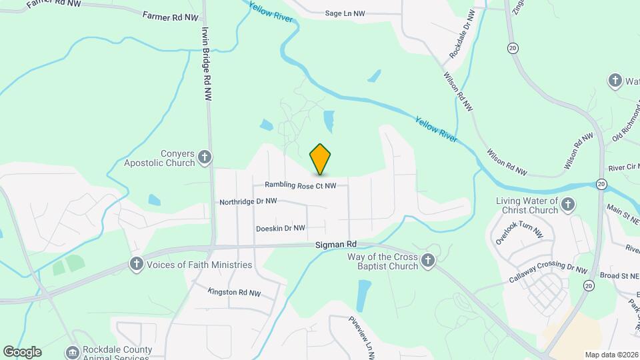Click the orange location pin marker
click(x=320, y=159)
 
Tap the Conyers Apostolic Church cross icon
click(x=205, y=157)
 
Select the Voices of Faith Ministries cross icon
click(x=136, y=264)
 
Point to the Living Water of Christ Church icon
click(x=568, y=205)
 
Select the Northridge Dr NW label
click(x=248, y=201)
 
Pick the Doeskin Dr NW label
click(x=280, y=228)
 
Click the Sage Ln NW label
click(x=345, y=13)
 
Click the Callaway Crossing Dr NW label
click(x=548, y=271)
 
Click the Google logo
click(x=22, y=351)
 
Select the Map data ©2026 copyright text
click(x=611, y=355)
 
